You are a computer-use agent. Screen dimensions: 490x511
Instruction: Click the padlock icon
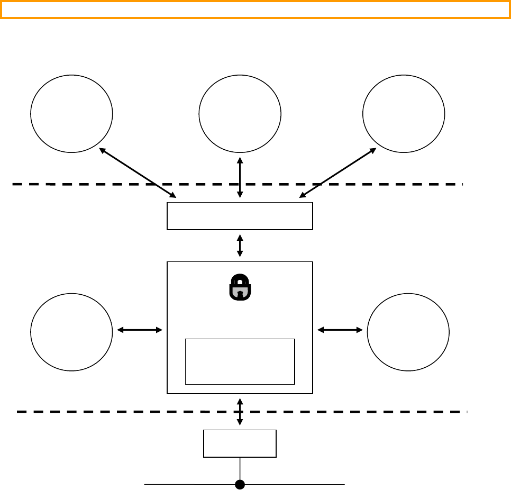click(x=240, y=287)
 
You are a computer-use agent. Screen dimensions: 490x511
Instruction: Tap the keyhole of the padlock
click(x=240, y=292)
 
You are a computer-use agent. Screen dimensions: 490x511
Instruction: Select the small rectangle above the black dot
click(x=240, y=443)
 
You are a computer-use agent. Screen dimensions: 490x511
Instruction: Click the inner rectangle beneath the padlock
click(x=240, y=361)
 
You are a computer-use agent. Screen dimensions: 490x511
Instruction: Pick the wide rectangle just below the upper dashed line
click(x=240, y=216)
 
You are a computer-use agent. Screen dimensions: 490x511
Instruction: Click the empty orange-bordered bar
click(x=255, y=10)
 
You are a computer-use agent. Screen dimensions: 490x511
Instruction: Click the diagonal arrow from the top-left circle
click(x=138, y=173)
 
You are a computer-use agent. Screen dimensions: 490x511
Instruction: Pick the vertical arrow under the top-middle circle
click(x=240, y=177)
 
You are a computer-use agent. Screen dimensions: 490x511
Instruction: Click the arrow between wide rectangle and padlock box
click(x=240, y=246)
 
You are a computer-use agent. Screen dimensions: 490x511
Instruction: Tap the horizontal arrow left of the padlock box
click(x=139, y=330)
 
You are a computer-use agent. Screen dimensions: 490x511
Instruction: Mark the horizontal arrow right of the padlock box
click(x=340, y=330)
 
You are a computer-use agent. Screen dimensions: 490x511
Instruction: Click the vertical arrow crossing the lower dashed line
click(x=240, y=412)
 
